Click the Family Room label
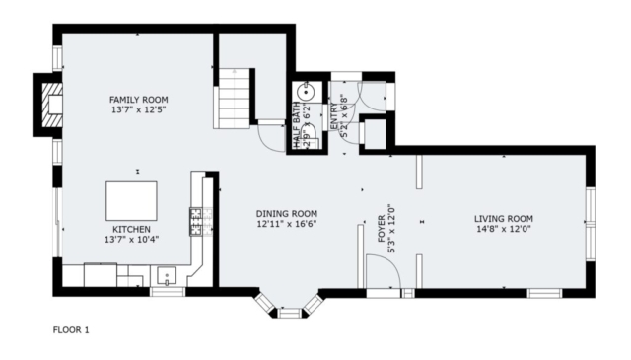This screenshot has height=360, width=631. click(138, 100)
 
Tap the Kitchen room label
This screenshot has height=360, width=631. click(131, 229)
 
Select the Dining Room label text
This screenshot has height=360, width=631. click(287, 214)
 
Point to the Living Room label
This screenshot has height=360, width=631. click(504, 219)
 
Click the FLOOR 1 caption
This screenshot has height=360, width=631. click(71, 330)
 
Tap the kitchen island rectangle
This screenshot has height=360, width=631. click(131, 201)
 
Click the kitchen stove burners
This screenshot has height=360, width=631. click(196, 222)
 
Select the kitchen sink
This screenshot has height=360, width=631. click(167, 276)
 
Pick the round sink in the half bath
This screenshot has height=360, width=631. click(307, 92)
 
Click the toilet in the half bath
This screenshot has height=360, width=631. click(311, 136)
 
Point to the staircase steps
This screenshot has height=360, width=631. click(235, 99)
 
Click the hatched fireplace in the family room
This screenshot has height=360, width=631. click(52, 105)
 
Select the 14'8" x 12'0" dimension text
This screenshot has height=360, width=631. click(504, 229)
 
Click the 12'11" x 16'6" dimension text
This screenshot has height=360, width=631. click(287, 224)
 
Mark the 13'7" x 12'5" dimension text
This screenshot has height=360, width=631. click(138, 109)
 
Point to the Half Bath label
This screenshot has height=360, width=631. click(296, 124)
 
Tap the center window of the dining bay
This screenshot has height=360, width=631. click(289, 313)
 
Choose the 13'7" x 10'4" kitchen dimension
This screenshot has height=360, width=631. click(131, 240)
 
